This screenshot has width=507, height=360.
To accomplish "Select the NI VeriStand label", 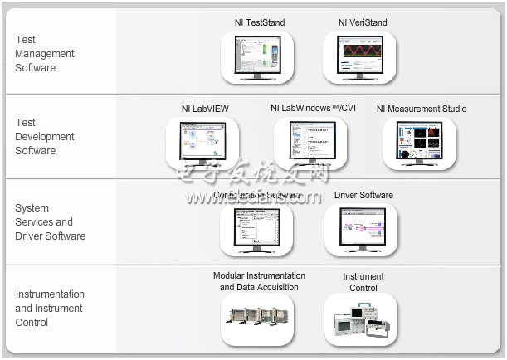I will (x=363, y=22).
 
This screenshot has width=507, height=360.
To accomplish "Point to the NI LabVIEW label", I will (x=205, y=109).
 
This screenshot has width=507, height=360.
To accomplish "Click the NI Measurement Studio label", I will (x=422, y=109).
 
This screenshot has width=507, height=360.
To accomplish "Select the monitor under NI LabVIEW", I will (x=203, y=142).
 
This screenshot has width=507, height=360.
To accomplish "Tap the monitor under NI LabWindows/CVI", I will (x=312, y=142).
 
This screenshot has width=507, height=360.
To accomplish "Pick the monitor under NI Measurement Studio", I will (x=420, y=142).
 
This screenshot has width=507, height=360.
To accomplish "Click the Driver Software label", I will (x=363, y=196).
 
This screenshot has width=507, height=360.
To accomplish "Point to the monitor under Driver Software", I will (x=361, y=227).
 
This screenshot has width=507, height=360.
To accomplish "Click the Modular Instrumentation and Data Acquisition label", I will (x=259, y=282).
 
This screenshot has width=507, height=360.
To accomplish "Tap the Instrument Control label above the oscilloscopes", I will (x=363, y=282).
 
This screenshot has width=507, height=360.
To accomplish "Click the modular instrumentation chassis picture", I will (x=258, y=319).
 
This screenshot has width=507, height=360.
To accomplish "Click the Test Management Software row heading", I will (x=45, y=53).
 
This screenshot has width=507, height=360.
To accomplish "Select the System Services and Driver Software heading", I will (x=50, y=221).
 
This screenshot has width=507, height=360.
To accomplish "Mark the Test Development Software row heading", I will (x=45, y=137).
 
